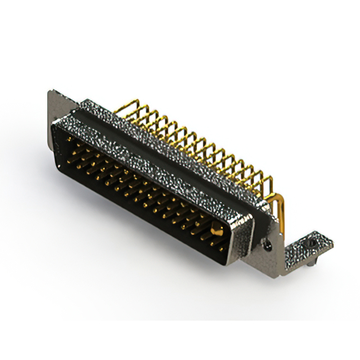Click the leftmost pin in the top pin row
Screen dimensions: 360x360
click(70, 138)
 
